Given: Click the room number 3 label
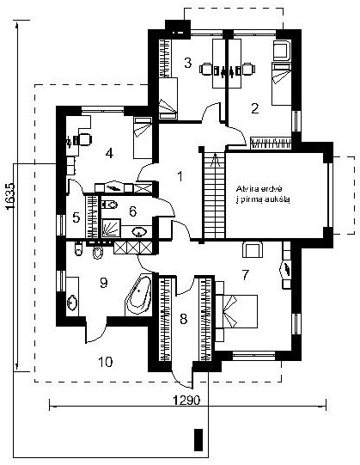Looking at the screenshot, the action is pos(187,63).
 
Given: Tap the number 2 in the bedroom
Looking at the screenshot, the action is pos(254,108).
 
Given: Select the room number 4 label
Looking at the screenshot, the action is pos(109,154).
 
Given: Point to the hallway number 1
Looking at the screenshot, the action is pos(180,176).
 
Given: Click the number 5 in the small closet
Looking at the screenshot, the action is pos(76,218).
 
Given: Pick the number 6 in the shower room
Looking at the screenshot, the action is pos(132,211).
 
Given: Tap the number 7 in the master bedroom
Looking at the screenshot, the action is pos(246,275).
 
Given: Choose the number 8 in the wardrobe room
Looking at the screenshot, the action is pos(184,319).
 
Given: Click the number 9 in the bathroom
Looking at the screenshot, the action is pos(103,283).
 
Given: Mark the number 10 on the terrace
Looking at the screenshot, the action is pos(106,362).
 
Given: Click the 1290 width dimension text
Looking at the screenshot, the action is pos(186,401).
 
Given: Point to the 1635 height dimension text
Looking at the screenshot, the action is pos(9,197).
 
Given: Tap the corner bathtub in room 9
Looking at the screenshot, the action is pos(138,294).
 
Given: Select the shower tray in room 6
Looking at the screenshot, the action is pos(111,228).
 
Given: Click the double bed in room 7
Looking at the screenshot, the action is pos(236,311).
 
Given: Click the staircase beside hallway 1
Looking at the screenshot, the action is pos(214,195).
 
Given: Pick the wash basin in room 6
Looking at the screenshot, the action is pos(139,231).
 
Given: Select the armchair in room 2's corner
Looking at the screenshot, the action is pos(282,50).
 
